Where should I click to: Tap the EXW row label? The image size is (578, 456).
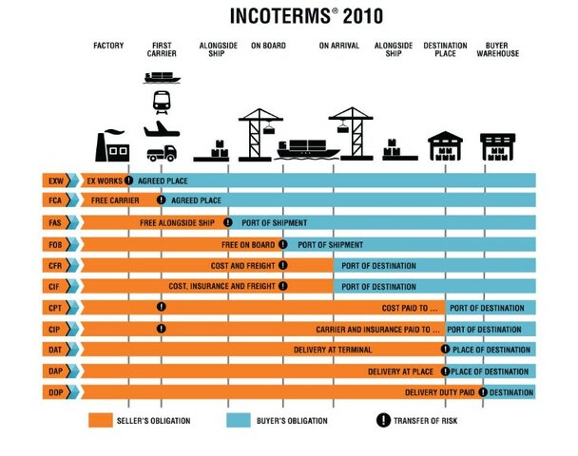tap(53, 180)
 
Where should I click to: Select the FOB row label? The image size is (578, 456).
tap(53, 244)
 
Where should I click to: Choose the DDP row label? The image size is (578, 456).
tap(53, 391)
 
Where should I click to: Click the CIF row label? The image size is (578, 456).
tap(53, 287)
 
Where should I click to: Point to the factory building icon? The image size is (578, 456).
tap(113, 144)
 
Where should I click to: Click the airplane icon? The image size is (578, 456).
tap(160, 126)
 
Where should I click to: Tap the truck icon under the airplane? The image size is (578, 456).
tap(161, 152)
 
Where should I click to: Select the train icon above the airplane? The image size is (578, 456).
tap(161, 100)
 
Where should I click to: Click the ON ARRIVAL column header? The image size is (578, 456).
tap(338, 45)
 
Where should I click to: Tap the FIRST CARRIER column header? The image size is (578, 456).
tap(163, 49)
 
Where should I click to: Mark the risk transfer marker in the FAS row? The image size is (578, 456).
tap(228, 222)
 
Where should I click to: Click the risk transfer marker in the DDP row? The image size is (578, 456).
tap(484, 391)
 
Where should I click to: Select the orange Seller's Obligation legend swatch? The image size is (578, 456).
tap(106, 420)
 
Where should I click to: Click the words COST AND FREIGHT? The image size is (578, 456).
tap(242, 265)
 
